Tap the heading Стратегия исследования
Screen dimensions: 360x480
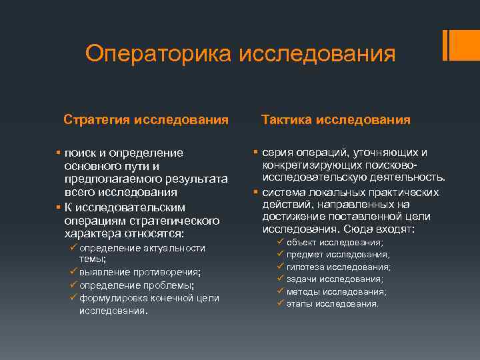[146, 120]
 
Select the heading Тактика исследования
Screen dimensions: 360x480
[336, 120]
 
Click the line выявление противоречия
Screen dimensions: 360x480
[140, 273]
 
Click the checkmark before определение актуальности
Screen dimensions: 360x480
[74, 248]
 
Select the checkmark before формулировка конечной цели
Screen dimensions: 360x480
[74, 298]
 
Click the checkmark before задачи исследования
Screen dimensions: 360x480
[281, 279]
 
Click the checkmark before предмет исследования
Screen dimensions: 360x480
[281, 255]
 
